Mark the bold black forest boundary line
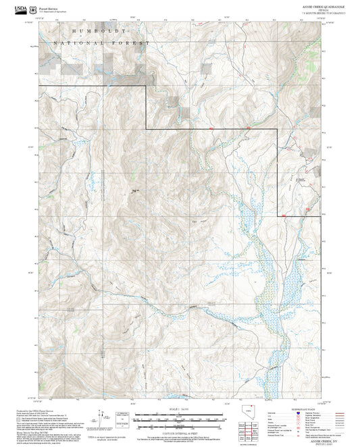click(x=203, y=129)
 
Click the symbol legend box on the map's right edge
click(x=309, y=136)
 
